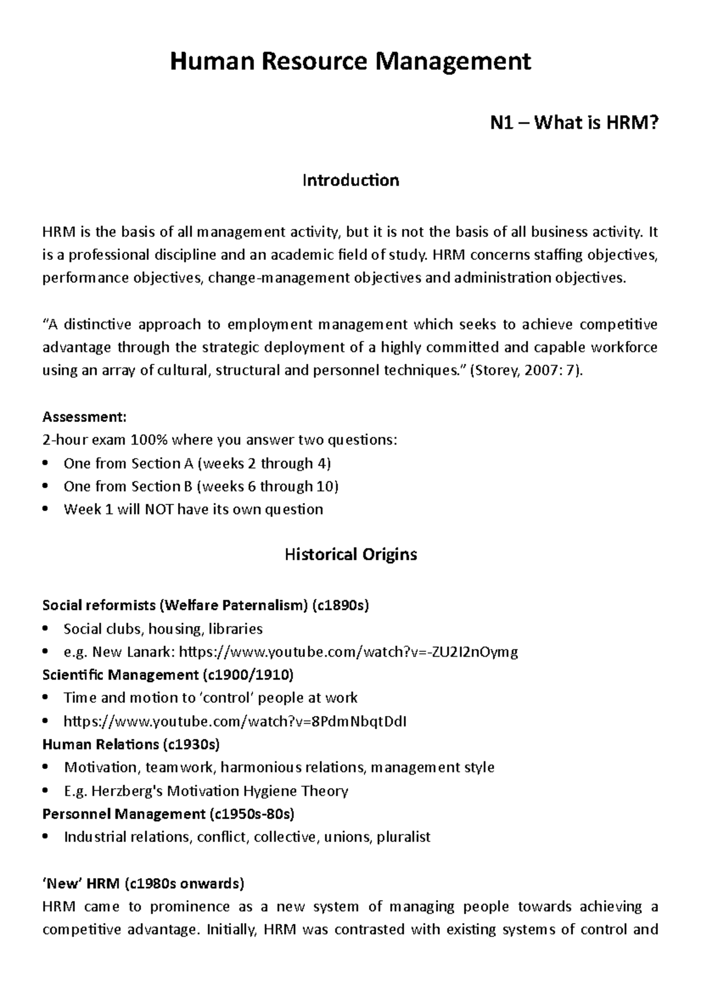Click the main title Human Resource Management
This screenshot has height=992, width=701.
tap(350, 61)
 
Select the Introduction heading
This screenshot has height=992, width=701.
tap(350, 180)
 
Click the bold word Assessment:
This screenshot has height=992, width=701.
tap(84, 417)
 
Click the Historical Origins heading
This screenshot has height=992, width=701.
tap(350, 554)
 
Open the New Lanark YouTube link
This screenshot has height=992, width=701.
tap(348, 652)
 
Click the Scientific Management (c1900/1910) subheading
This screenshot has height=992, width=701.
tap(168, 675)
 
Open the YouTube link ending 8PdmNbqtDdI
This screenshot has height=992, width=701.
tap(235, 722)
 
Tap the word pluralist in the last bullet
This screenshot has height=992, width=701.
tap(403, 837)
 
